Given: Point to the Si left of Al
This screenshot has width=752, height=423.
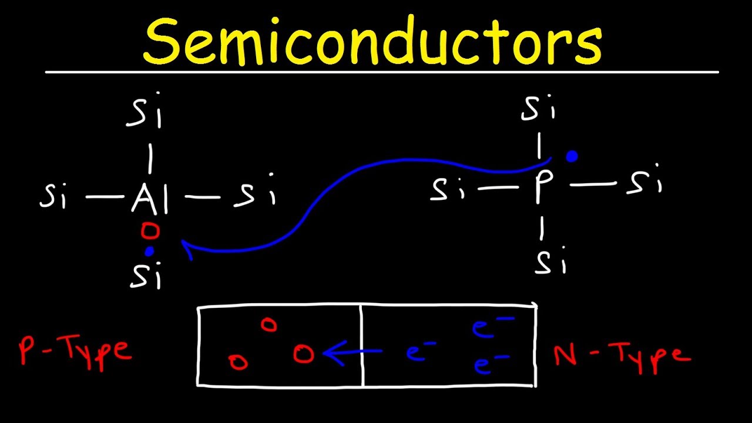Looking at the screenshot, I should pos(54,197).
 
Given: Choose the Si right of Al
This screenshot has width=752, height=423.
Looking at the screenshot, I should pos(254,196).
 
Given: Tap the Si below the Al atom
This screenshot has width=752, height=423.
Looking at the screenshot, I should pos(145,275).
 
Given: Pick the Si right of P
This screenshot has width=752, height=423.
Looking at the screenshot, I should pos(644,183).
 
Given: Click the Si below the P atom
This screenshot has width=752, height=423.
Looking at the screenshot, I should pos(550,263).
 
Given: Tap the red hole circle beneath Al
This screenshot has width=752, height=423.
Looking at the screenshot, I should pos(150,231).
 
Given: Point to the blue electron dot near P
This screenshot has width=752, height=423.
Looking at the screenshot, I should pos(571,156).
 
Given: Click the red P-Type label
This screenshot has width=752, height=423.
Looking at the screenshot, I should pos(75,350).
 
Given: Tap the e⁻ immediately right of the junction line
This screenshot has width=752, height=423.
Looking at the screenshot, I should pos(420,353).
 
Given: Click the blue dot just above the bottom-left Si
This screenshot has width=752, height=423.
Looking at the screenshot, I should pos(150,251).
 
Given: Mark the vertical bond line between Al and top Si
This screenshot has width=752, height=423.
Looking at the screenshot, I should pos(150,158).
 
